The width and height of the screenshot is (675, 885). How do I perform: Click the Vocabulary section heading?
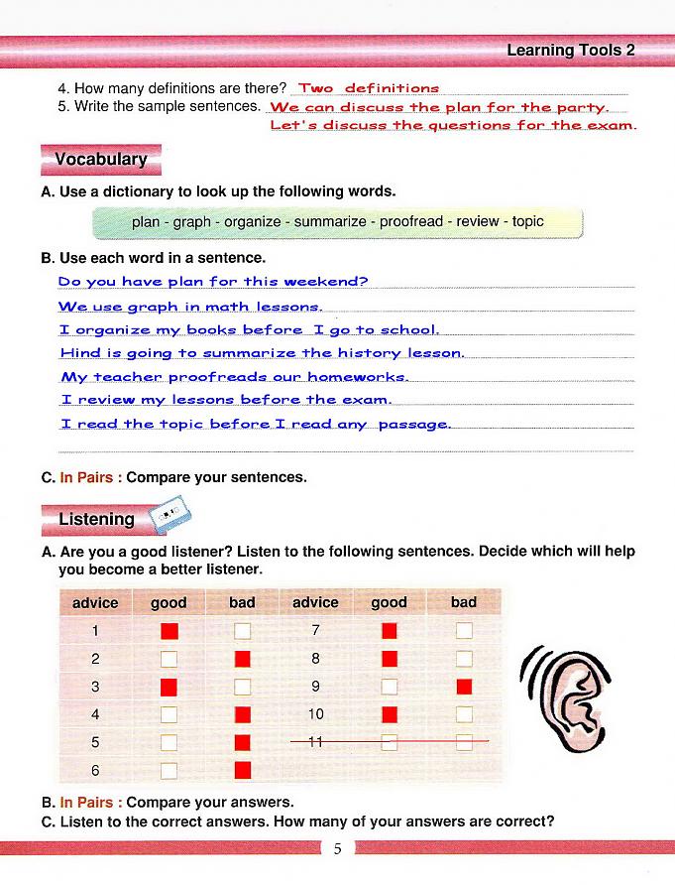(x=100, y=160)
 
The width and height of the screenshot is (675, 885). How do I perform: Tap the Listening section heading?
(x=96, y=519)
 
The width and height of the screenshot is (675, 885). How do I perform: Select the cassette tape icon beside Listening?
(x=169, y=516)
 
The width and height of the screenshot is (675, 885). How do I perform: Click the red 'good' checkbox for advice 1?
(x=169, y=630)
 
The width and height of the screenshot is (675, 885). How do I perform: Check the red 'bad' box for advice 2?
(x=243, y=659)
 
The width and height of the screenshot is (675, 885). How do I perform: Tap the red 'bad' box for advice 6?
(x=243, y=770)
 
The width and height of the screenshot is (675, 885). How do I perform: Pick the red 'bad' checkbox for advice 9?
(x=464, y=687)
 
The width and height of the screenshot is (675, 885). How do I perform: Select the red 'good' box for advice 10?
(x=390, y=714)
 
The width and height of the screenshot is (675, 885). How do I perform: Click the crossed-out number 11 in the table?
(x=316, y=742)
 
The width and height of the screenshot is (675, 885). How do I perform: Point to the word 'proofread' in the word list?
(x=411, y=222)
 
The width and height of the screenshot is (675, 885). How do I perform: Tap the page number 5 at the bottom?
(x=337, y=849)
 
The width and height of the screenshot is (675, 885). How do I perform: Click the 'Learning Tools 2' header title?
(x=570, y=50)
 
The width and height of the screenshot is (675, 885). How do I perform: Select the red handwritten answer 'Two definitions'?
(x=369, y=89)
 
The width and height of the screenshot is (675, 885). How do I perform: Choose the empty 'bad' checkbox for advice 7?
(x=464, y=630)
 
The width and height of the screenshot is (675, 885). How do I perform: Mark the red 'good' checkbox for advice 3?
(x=169, y=687)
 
